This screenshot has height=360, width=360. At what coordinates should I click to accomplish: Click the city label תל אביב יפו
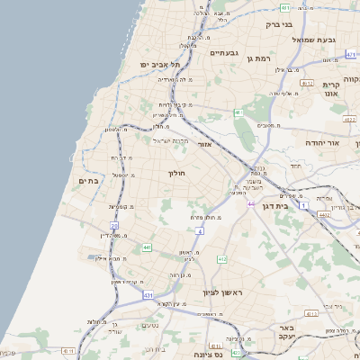tap(160, 65)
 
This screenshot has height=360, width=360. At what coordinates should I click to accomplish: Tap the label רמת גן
tap(256, 58)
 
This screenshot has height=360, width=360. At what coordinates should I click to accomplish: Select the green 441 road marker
tap(146, 247)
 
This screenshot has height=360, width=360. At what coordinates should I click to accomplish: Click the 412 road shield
tap(221, 259)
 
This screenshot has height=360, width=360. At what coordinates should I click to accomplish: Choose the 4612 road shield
tap(307, 83)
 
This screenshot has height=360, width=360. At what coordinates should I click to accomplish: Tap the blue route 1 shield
tap(304, 206)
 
